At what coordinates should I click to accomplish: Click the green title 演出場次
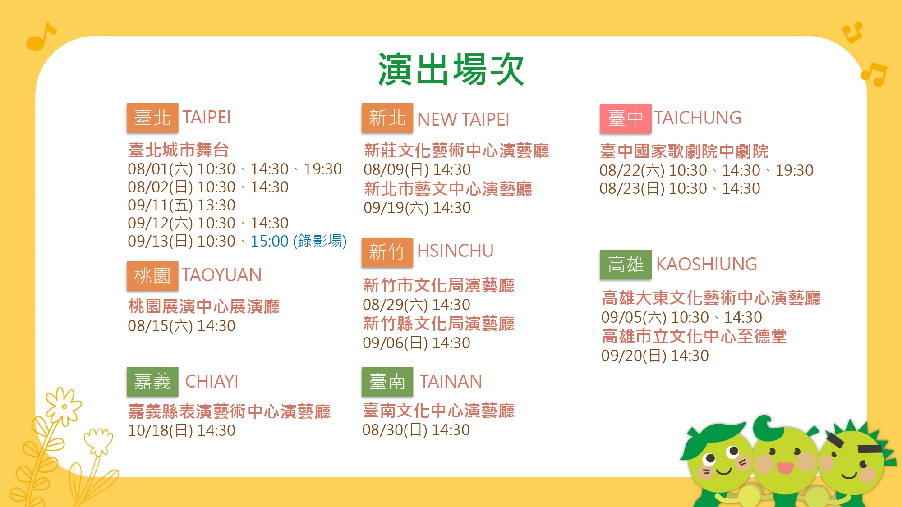coord(451,69)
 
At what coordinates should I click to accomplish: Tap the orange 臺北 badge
coord(152,118)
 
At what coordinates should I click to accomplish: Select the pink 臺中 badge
coord(626,119)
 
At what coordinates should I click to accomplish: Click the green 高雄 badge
coord(626,265)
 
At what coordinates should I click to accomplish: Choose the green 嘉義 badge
coord(152,382)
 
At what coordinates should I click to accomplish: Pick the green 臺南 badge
coord(387,382)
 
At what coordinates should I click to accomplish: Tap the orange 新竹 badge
coord(387,252)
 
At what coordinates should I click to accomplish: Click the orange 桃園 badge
coord(152,276)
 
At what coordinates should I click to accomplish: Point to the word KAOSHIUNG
coord(706,264)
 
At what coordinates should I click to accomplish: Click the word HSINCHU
coord(456,251)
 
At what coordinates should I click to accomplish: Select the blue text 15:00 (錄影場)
coord(299,241)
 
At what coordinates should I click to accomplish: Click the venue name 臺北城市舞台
coord(179,150)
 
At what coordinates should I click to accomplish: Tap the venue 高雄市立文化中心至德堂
coord(695,336)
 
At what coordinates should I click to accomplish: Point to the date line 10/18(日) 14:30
coord(181,430)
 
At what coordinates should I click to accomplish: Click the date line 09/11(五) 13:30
coord(181,205)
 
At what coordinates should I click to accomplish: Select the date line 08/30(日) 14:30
coord(416,430)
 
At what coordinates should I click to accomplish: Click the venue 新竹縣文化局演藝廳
coord(439,324)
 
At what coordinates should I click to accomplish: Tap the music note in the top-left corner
coord(41,36)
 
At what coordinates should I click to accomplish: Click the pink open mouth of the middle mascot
coord(785,468)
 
